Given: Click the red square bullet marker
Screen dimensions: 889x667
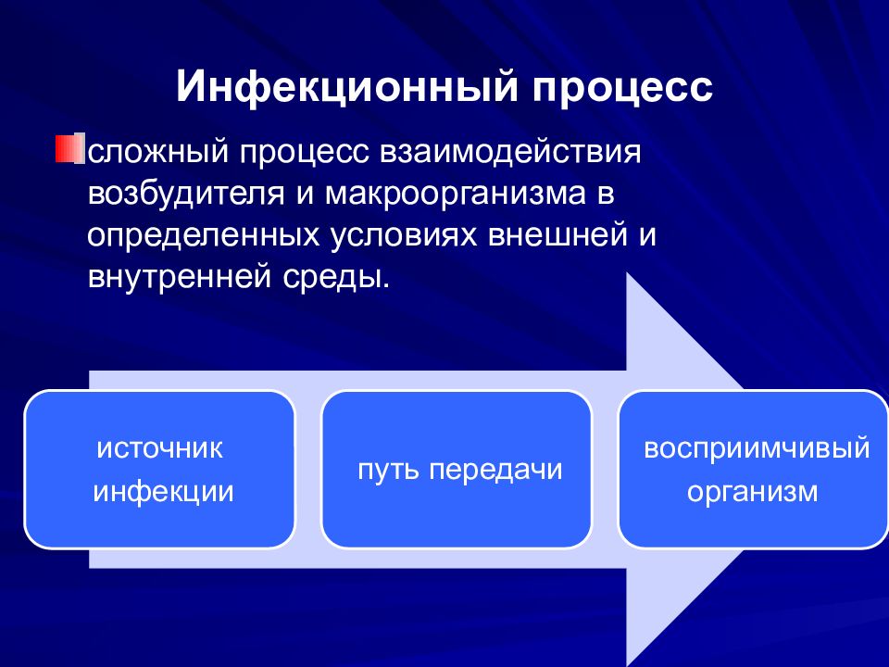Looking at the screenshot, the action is [x=69, y=147].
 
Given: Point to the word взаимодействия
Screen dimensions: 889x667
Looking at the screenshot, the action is [x=510, y=152].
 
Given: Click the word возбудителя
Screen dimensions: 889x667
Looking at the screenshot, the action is [x=185, y=193].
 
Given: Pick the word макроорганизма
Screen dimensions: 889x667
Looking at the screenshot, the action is [x=456, y=194].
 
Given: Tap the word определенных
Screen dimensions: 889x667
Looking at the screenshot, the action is [x=204, y=235].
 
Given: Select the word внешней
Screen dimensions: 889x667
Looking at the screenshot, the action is [x=557, y=233].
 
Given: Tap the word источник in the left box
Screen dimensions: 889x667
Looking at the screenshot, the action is [x=160, y=448].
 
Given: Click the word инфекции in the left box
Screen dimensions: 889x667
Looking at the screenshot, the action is [x=163, y=491].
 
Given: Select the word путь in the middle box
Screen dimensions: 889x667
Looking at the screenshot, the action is [x=388, y=471].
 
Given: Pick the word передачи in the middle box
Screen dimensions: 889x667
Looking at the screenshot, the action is [x=495, y=471].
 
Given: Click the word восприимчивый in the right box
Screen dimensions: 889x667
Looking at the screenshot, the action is [x=757, y=449].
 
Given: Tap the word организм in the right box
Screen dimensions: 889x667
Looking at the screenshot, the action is [x=752, y=492].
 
